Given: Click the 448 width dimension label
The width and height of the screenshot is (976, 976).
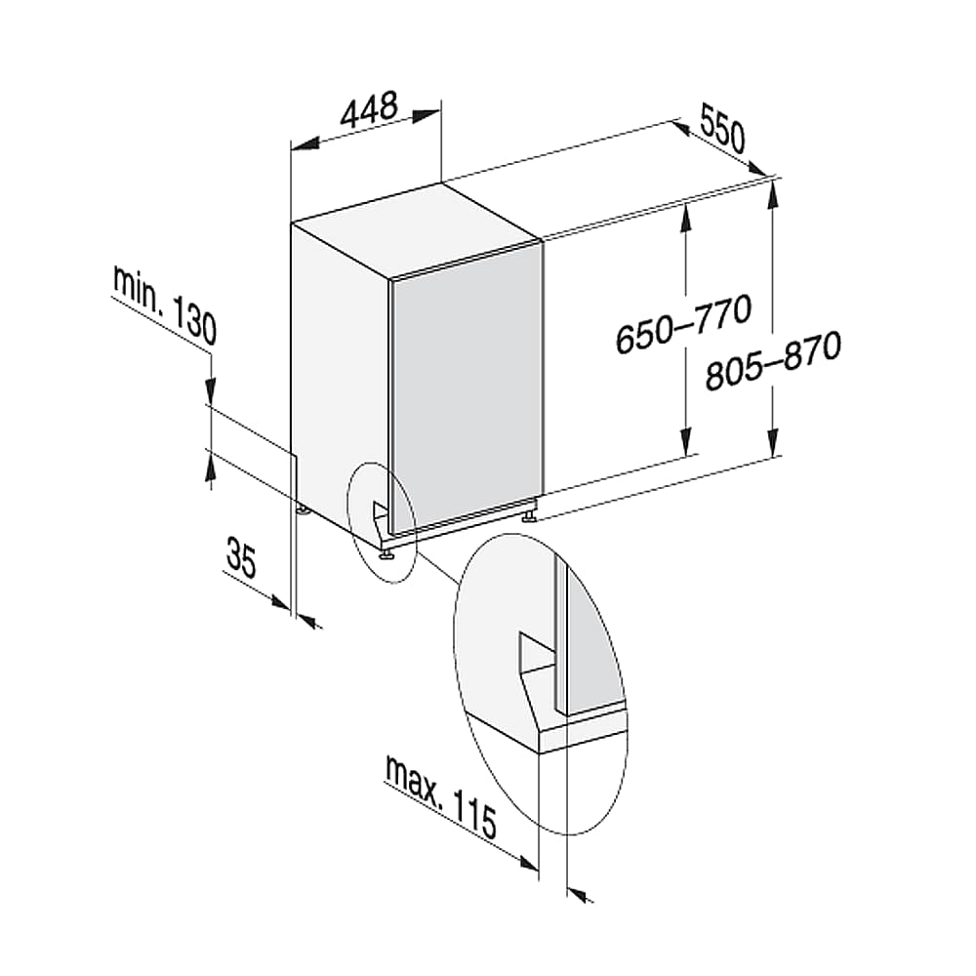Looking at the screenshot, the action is pyautogui.click(x=369, y=109).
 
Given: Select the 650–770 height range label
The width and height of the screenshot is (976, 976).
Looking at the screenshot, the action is pyautogui.click(x=683, y=324).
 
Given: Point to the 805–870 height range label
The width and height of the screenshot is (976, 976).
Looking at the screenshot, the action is pyautogui.click(x=774, y=361).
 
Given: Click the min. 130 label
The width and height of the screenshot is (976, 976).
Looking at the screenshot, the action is pyautogui.click(x=165, y=305).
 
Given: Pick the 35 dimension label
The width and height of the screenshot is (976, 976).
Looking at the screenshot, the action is pyautogui.click(x=241, y=557).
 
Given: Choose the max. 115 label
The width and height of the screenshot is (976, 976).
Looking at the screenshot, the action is pyautogui.click(x=441, y=796).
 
